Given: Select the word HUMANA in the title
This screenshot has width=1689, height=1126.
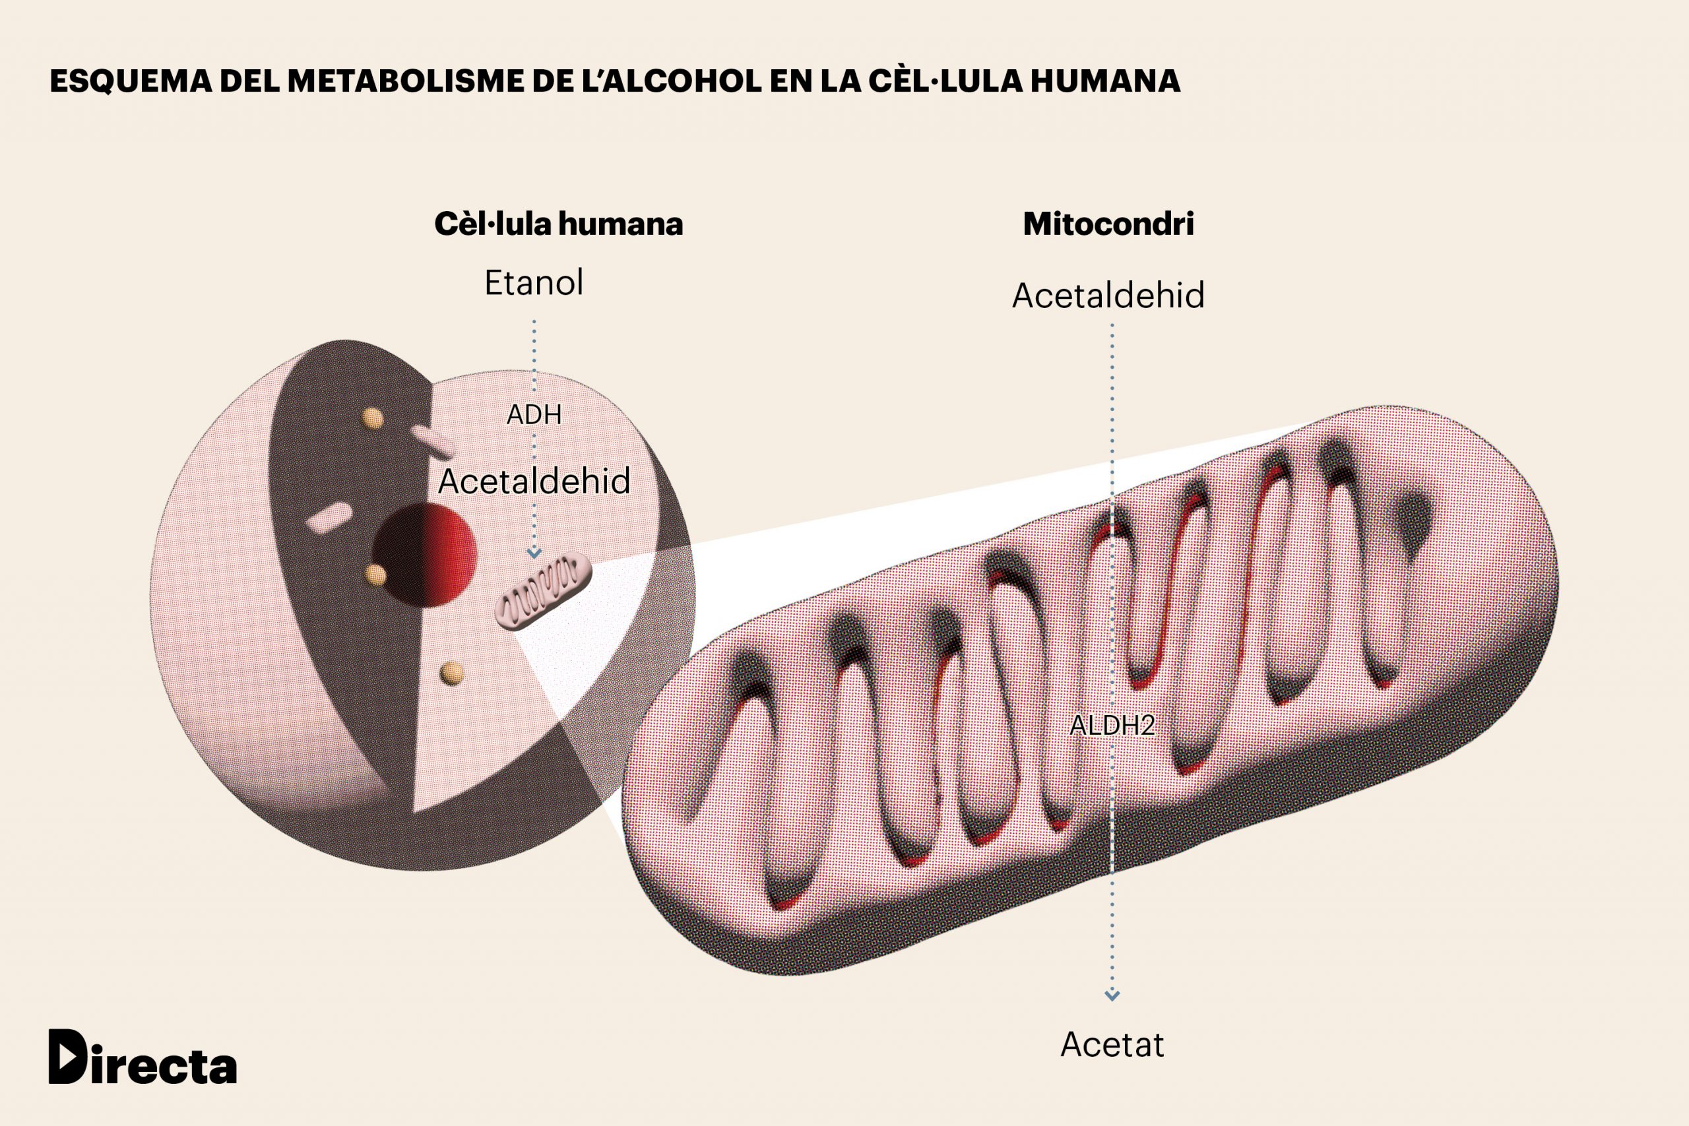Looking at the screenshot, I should pyautogui.click(x=1105, y=81).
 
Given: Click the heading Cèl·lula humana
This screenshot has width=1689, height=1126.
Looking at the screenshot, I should pyautogui.click(x=558, y=224).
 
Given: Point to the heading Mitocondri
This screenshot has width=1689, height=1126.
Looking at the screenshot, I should pyautogui.click(x=1108, y=224).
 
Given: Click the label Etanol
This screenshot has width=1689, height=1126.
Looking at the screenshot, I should pyautogui.click(x=534, y=282).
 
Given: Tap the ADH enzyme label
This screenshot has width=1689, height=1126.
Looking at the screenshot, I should pyautogui.click(x=534, y=414).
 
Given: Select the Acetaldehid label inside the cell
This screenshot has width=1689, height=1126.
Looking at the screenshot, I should pyautogui.click(x=534, y=481).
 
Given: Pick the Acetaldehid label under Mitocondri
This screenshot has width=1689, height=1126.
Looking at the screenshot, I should pyautogui.click(x=1108, y=295).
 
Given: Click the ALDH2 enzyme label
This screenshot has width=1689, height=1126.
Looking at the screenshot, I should pyautogui.click(x=1112, y=726).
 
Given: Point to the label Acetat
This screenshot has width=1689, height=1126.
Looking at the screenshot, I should pyautogui.click(x=1112, y=1045).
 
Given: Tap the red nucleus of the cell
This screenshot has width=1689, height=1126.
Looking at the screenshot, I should pyautogui.click(x=425, y=553).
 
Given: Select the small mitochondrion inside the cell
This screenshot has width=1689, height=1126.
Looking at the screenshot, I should pyautogui.click(x=543, y=592).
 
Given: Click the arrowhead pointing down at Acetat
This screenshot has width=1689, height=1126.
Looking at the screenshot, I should pyautogui.click(x=1112, y=995).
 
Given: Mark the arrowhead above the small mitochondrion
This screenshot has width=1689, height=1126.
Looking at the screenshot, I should pyautogui.click(x=534, y=553).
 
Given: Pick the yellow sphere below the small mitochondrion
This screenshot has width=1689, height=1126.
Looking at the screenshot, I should pyautogui.click(x=452, y=673).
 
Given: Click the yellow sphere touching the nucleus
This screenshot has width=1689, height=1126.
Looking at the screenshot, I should pyautogui.click(x=375, y=575).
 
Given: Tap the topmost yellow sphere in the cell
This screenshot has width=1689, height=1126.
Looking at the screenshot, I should pyautogui.click(x=372, y=418).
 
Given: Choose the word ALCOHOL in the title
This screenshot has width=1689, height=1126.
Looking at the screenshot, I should pyautogui.click(x=683, y=81).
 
